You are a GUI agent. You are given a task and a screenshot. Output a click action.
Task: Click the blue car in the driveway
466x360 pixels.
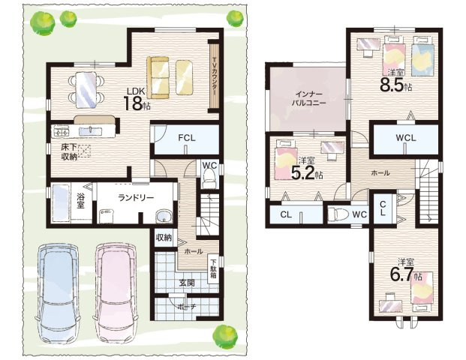tap(58, 294)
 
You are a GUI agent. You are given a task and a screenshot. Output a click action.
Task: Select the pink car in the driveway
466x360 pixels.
tap(116, 294)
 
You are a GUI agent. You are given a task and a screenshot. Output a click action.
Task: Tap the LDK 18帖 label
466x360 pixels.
tap(137, 99)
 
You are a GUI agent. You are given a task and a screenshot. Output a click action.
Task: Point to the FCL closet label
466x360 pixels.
tap(187, 138)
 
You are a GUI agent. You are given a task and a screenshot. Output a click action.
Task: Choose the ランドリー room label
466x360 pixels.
tap(136, 198)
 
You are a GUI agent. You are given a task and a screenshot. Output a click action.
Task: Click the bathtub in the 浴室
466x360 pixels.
tap(61, 203)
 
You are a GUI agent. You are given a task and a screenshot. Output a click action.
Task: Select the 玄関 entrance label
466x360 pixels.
tap(187, 283)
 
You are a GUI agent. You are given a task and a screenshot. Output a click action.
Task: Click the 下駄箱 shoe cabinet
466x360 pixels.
tap(214, 269)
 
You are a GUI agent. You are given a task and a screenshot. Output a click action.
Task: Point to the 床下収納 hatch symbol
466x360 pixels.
tap(85, 151)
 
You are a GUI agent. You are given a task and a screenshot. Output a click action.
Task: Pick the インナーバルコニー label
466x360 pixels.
tap(309, 99)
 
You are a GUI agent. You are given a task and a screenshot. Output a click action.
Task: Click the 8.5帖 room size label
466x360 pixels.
tap(396, 85)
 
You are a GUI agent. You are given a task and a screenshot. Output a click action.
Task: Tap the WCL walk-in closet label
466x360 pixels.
tap(406, 138)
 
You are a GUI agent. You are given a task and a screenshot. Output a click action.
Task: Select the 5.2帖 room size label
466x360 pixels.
tap(307, 172)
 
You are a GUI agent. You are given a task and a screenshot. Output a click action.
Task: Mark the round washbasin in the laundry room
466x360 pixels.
tap(164, 216)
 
